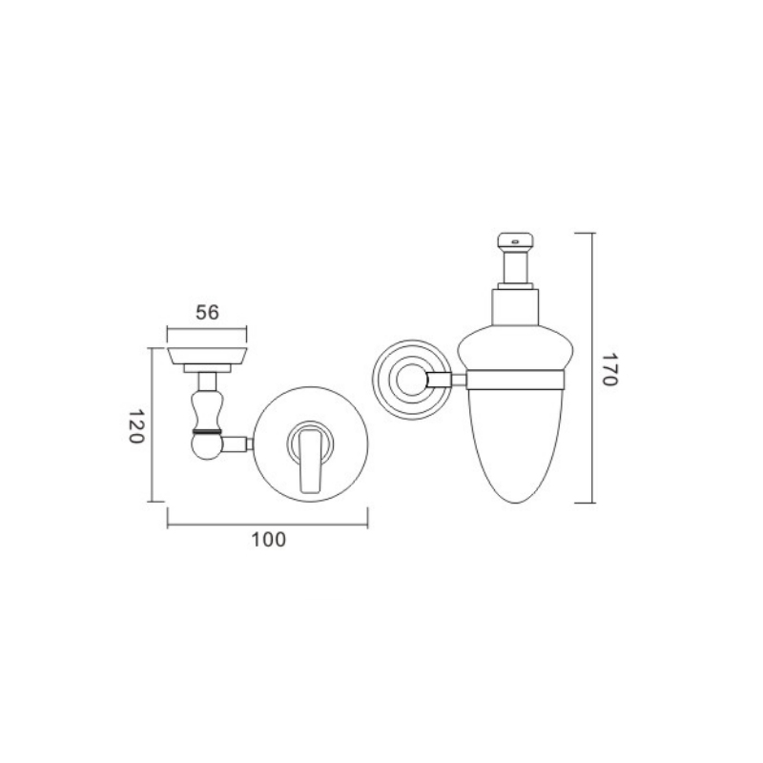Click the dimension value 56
[207, 313]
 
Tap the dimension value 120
[136, 425]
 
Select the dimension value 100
[268, 540]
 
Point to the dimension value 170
[609, 369]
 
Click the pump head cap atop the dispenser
[515, 240]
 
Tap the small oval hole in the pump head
[515, 241]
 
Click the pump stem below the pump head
[515, 266]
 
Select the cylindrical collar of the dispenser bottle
[516, 307]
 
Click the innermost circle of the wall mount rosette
[411, 379]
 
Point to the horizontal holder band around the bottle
[515, 380]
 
